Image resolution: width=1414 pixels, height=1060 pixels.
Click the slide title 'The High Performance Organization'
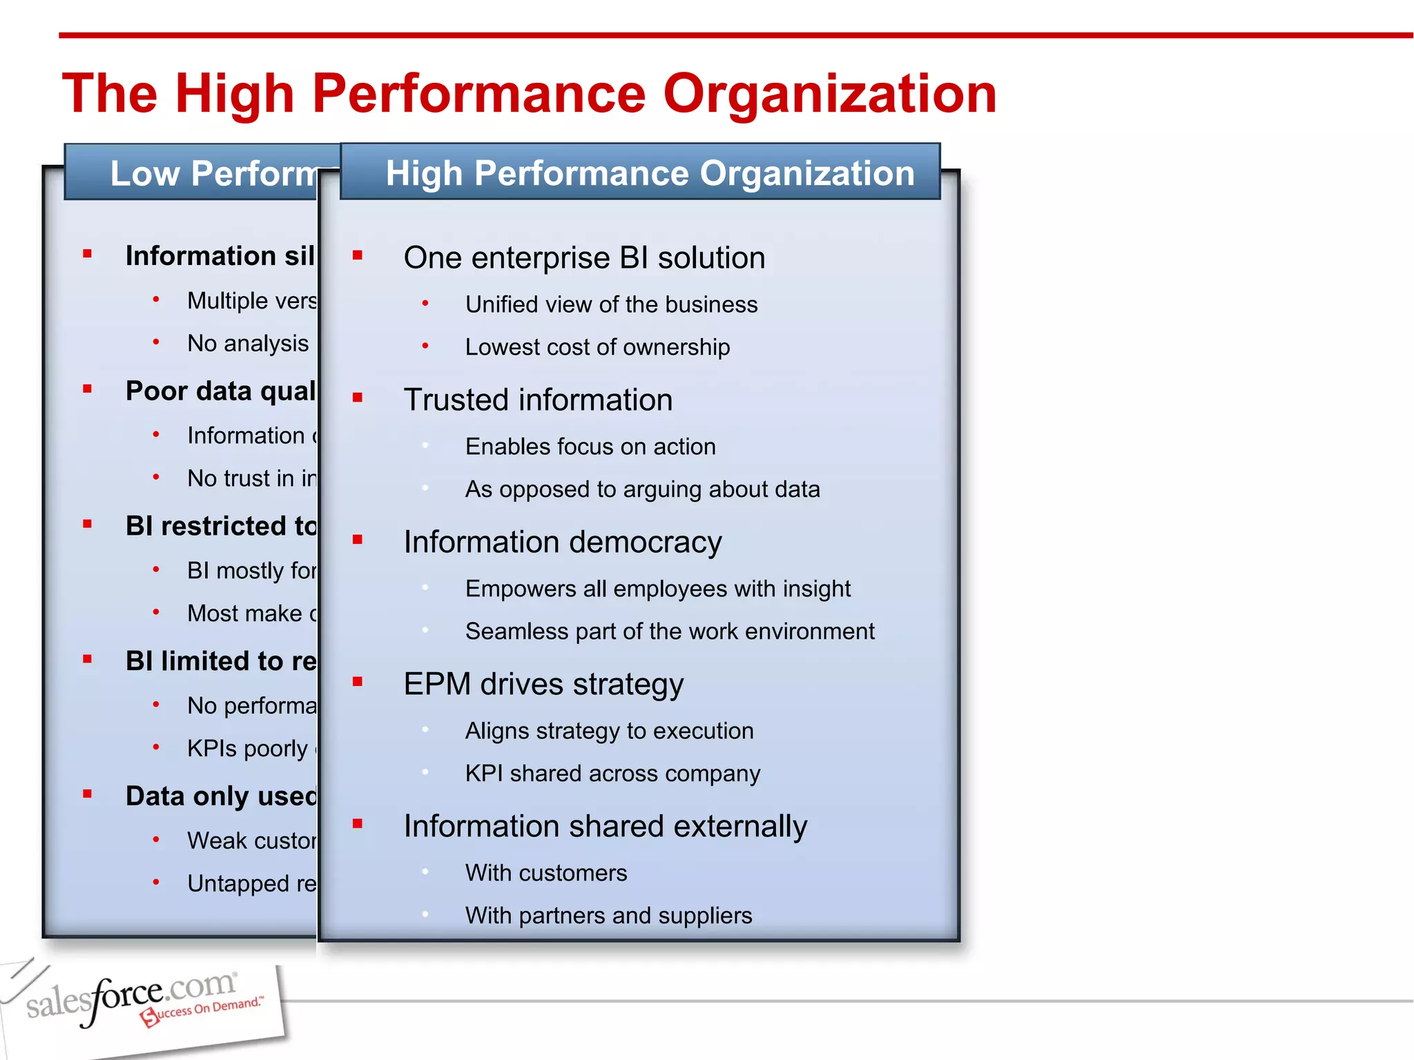coord(530,94)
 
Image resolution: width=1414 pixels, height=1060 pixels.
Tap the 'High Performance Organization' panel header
coord(649,173)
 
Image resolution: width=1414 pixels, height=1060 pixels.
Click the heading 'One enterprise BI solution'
coord(584,258)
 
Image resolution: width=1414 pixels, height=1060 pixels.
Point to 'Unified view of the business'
coord(611,304)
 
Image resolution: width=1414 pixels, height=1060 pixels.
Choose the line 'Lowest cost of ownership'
coord(597,347)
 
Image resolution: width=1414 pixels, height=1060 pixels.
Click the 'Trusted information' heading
coord(538,400)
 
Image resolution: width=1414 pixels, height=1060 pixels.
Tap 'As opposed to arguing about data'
coord(642,489)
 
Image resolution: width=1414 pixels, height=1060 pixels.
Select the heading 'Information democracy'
coord(562,542)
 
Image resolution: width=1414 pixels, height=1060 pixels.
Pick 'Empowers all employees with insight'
coord(657,589)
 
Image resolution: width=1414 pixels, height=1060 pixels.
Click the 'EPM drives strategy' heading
coord(543,685)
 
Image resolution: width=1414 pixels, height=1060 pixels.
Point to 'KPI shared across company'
coord(612,774)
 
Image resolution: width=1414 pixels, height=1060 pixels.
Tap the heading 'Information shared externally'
coord(605,827)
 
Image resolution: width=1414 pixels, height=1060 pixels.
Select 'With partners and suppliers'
coord(608,916)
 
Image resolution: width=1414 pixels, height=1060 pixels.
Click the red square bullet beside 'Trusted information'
coord(358,397)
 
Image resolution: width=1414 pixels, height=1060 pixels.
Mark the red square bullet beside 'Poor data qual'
coord(87,389)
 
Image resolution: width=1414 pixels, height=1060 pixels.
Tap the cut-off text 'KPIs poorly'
coord(249,749)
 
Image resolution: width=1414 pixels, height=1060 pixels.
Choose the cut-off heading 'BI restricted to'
coord(221,527)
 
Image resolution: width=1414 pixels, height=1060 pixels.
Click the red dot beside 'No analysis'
coord(156,342)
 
